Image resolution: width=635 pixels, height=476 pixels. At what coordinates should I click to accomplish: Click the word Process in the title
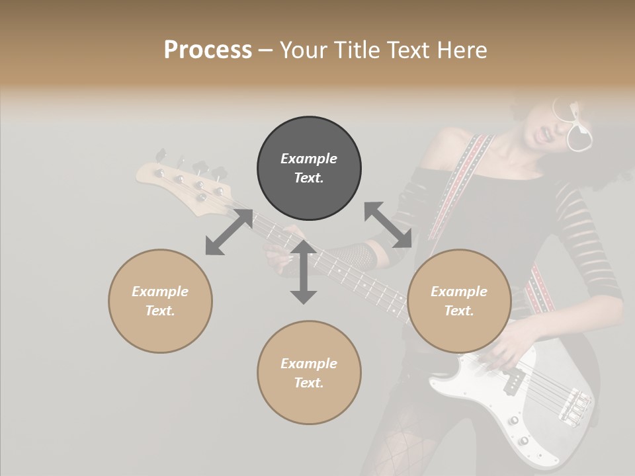tap(208, 50)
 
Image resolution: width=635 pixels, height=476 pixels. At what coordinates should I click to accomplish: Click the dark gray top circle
tap(309, 169)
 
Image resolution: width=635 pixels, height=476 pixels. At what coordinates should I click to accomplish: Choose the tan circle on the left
tap(160, 301)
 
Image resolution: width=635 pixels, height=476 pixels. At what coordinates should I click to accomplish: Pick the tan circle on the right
tap(459, 301)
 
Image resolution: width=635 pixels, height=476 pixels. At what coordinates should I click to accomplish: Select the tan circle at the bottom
tap(309, 373)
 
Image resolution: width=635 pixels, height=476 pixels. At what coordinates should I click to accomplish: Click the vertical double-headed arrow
tap(304, 272)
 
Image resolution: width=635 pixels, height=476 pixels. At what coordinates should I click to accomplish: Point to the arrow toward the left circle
tap(229, 232)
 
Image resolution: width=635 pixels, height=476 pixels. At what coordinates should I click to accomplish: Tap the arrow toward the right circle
tap(388, 225)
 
